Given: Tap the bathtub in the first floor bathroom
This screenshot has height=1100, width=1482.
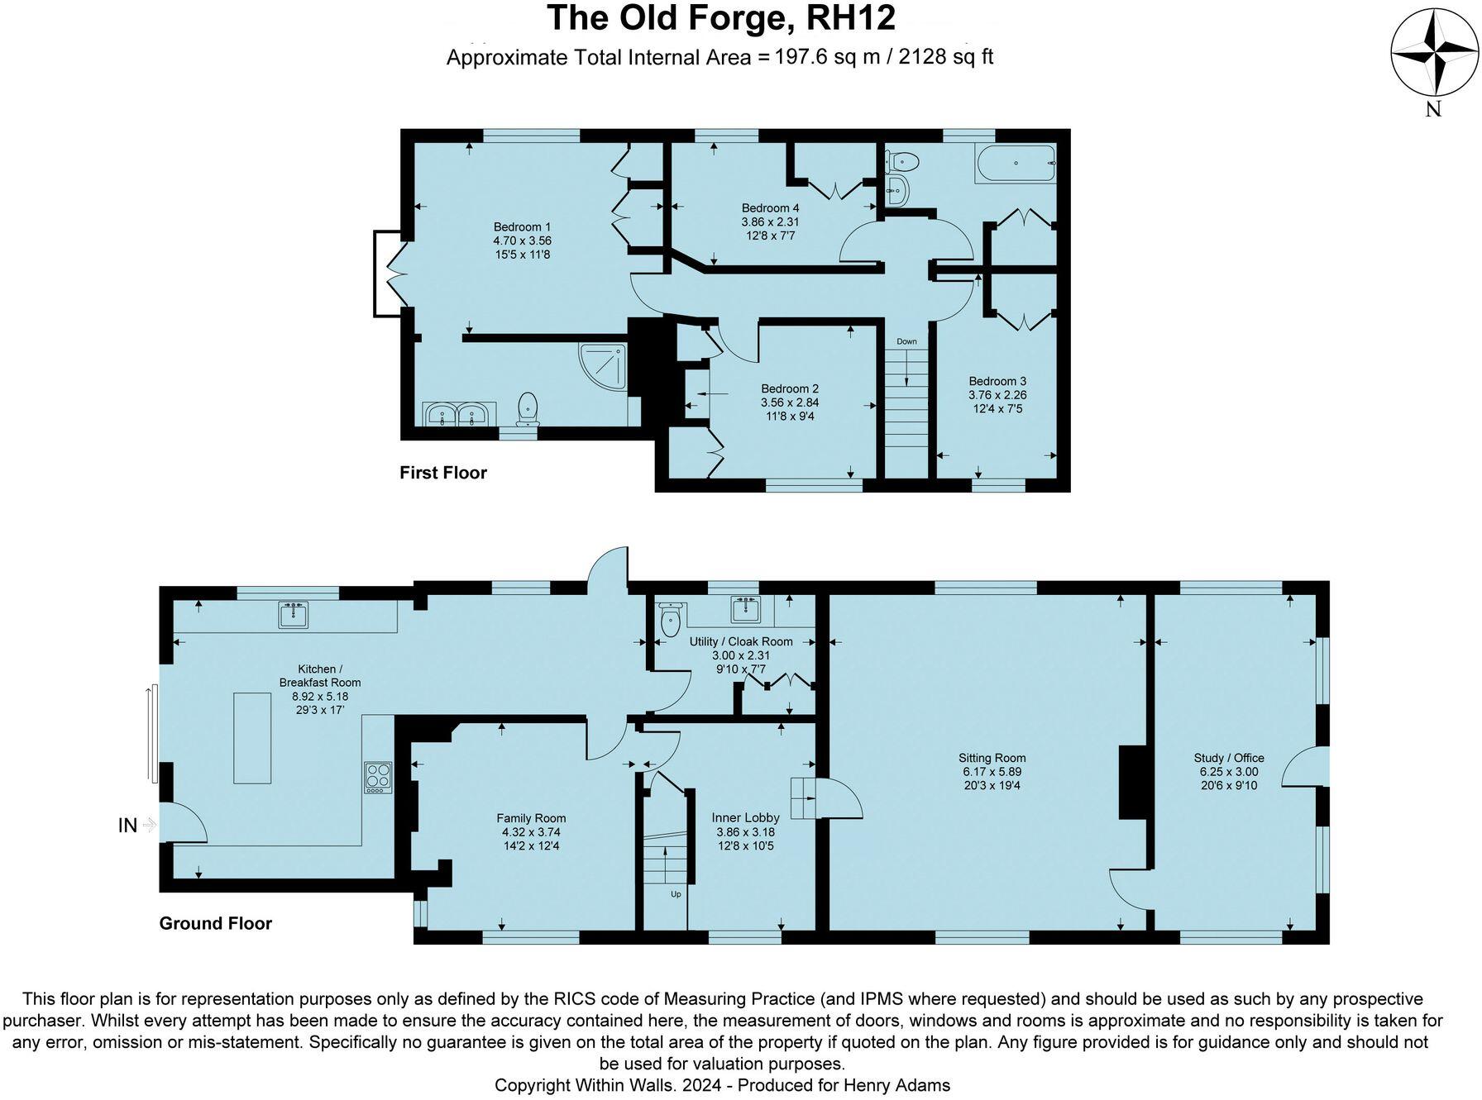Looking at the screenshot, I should click(x=1016, y=164).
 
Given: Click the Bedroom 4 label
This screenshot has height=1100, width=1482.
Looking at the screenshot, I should click(x=770, y=208).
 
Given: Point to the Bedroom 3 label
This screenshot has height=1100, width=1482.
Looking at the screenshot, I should click(x=997, y=381).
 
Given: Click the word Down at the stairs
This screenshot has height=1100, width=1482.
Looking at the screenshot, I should click(x=906, y=341).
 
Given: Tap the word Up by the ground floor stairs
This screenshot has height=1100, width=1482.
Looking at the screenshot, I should click(x=676, y=894).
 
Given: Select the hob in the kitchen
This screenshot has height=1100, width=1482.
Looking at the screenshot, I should click(x=378, y=777).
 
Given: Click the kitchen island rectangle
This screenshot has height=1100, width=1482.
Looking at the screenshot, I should click(x=252, y=737).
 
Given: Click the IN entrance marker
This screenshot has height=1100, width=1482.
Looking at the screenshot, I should click(x=127, y=825).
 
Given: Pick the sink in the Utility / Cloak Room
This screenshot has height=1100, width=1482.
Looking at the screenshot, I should click(x=746, y=609).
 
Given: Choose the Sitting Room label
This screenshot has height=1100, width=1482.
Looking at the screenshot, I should click(x=992, y=758).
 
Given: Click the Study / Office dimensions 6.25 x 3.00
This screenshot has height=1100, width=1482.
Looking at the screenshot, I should click(x=1229, y=772).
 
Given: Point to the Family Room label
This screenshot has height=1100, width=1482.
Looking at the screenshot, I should click(x=531, y=818).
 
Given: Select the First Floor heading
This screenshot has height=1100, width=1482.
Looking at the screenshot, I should click(x=442, y=473).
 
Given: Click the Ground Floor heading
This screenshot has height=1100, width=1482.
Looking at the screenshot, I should click(x=215, y=923).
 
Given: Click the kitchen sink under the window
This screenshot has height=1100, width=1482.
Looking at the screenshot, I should click(x=293, y=615).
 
